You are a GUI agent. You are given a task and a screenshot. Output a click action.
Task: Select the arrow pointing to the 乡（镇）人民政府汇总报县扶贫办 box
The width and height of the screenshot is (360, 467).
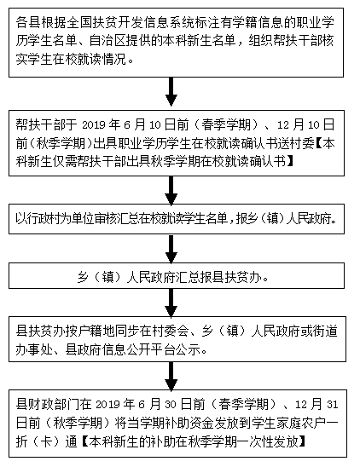tap(171, 248)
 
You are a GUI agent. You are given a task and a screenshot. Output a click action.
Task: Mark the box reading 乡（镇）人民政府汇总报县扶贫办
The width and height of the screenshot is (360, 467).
tap(171, 276)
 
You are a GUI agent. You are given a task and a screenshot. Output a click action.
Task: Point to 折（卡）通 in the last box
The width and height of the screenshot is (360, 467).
tap(50, 442)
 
